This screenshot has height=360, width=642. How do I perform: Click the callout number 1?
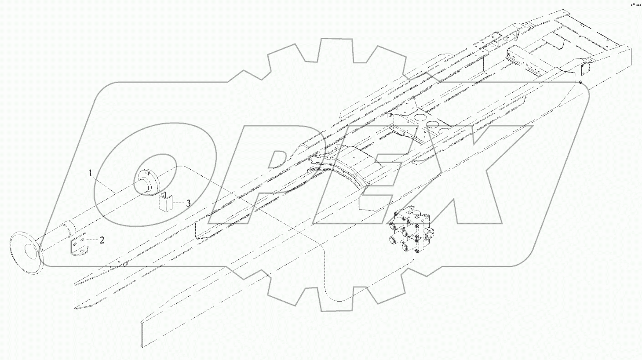point(91,173)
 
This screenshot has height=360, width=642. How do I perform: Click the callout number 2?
point(102,240)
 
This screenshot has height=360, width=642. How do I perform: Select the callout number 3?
point(188,203)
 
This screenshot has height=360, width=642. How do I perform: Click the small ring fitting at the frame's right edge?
point(580,82)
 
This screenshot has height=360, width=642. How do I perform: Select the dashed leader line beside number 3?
point(178,203)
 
